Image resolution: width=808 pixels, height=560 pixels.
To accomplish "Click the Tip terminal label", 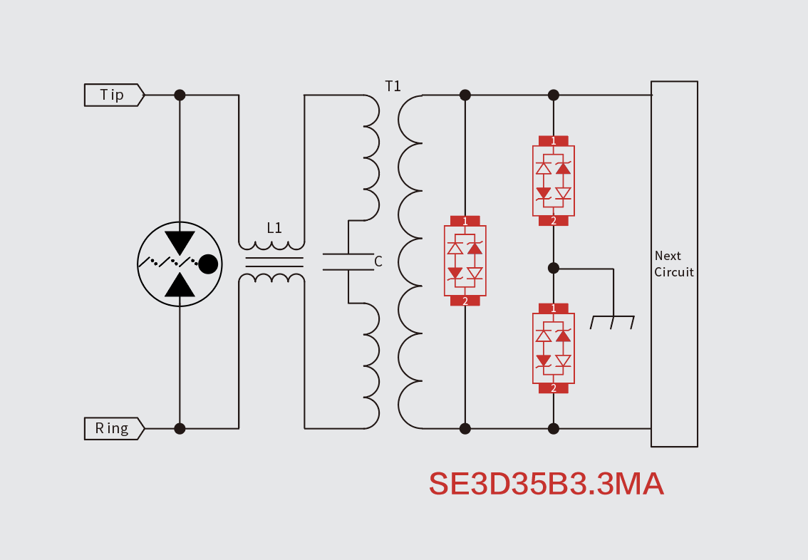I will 113,95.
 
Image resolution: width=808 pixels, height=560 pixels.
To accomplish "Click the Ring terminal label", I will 113,428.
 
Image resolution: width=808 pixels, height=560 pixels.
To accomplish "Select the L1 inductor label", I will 274,228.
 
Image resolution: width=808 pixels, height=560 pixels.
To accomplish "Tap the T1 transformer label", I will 393,86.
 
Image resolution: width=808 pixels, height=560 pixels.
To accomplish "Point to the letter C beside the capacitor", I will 378,261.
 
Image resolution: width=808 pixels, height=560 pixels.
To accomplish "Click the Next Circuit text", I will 673,264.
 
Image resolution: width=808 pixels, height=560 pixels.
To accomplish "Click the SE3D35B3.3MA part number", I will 546,484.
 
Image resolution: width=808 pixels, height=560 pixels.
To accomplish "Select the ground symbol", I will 612,322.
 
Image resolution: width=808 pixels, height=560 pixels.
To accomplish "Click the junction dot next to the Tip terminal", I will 180,95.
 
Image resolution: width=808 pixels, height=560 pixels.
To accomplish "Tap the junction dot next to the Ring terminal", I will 180,428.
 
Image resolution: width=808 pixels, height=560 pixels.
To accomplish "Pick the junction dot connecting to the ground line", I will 554,268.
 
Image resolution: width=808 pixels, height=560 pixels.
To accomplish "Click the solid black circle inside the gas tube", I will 207,264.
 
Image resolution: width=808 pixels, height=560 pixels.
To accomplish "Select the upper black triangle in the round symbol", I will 180,242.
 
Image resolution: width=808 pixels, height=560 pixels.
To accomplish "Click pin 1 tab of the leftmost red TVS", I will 465,221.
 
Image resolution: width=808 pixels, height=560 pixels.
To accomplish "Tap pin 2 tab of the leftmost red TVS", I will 465,301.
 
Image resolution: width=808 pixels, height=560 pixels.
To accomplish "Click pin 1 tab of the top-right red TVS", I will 554,141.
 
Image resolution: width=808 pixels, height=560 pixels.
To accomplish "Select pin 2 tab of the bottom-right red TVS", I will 554,388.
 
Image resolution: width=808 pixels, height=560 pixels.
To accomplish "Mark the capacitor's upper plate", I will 348,254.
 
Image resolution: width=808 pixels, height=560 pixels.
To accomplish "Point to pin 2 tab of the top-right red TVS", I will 554,221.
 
